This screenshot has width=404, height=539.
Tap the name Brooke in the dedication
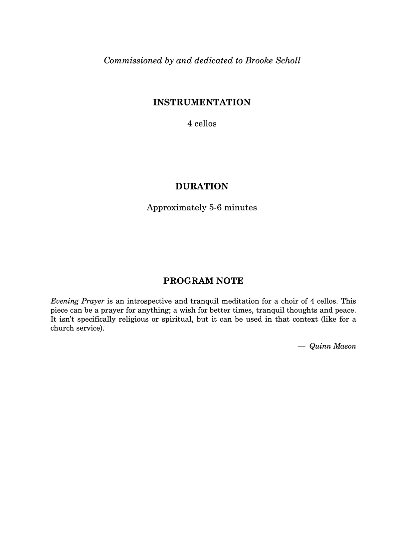[259, 61]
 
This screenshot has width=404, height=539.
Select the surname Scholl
[288, 61]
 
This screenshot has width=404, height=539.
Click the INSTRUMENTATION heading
[202, 102]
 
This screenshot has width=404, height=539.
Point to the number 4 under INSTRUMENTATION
[190, 124]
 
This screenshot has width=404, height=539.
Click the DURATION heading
[202, 186]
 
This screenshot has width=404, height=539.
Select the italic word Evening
[65, 301]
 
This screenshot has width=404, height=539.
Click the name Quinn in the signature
[319, 346]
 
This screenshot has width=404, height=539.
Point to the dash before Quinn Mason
[302, 347]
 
